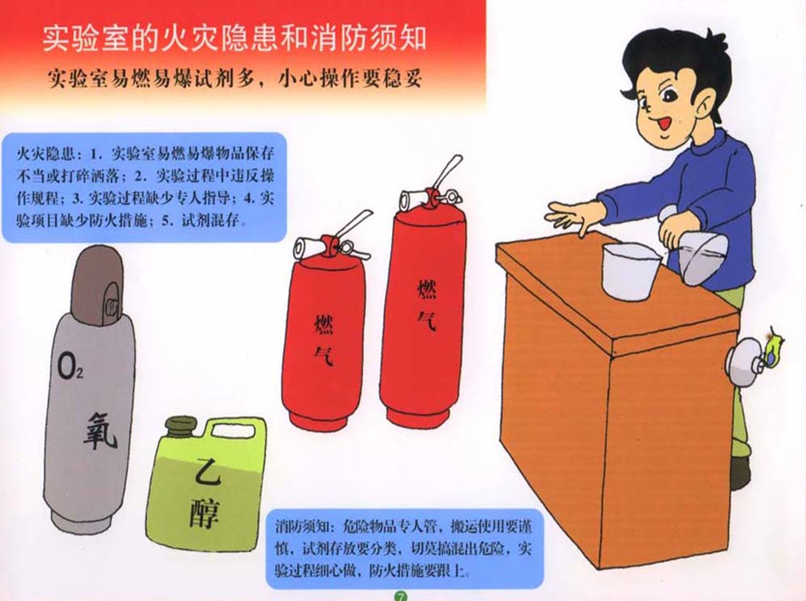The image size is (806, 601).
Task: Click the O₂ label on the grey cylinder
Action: (x=69, y=366)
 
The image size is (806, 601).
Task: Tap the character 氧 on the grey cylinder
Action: (x=101, y=431)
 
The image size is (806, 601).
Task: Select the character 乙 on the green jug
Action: (x=208, y=472)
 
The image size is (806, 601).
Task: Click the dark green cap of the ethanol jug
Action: (x=181, y=427)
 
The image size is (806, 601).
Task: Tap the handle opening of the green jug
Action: (x=233, y=430)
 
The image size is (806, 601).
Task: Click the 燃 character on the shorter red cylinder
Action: (x=324, y=324)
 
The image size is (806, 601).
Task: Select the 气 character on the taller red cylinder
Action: (x=427, y=320)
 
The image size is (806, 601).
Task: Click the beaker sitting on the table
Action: (x=631, y=271)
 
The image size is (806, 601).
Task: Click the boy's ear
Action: (x=709, y=102)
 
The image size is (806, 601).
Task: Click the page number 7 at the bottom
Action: (x=400, y=596)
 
